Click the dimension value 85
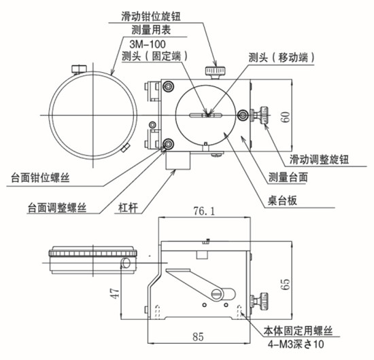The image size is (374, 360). point(197,335)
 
